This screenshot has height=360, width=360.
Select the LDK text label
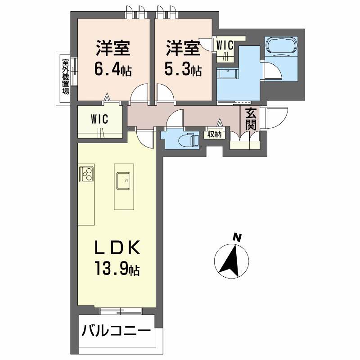(x=117, y=249)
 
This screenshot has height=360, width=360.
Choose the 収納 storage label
(x=214, y=134)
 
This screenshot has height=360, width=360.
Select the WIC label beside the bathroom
(x=224, y=45)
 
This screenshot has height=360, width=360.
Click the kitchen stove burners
(x=86, y=174)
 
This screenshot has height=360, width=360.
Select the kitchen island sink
(x=122, y=181)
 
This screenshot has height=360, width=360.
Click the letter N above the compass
(x=237, y=237)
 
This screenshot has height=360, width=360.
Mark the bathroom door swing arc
(x=270, y=72)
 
